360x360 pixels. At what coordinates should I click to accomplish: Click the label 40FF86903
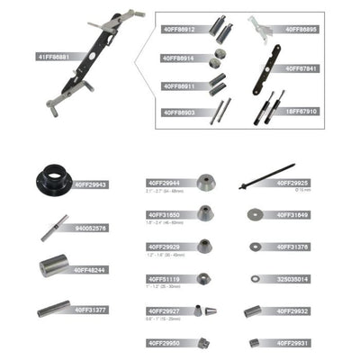pos(177,112)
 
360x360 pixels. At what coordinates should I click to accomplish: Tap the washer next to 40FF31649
pos(256,214)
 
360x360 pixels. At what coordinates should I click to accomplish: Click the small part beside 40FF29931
pos(256,342)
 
